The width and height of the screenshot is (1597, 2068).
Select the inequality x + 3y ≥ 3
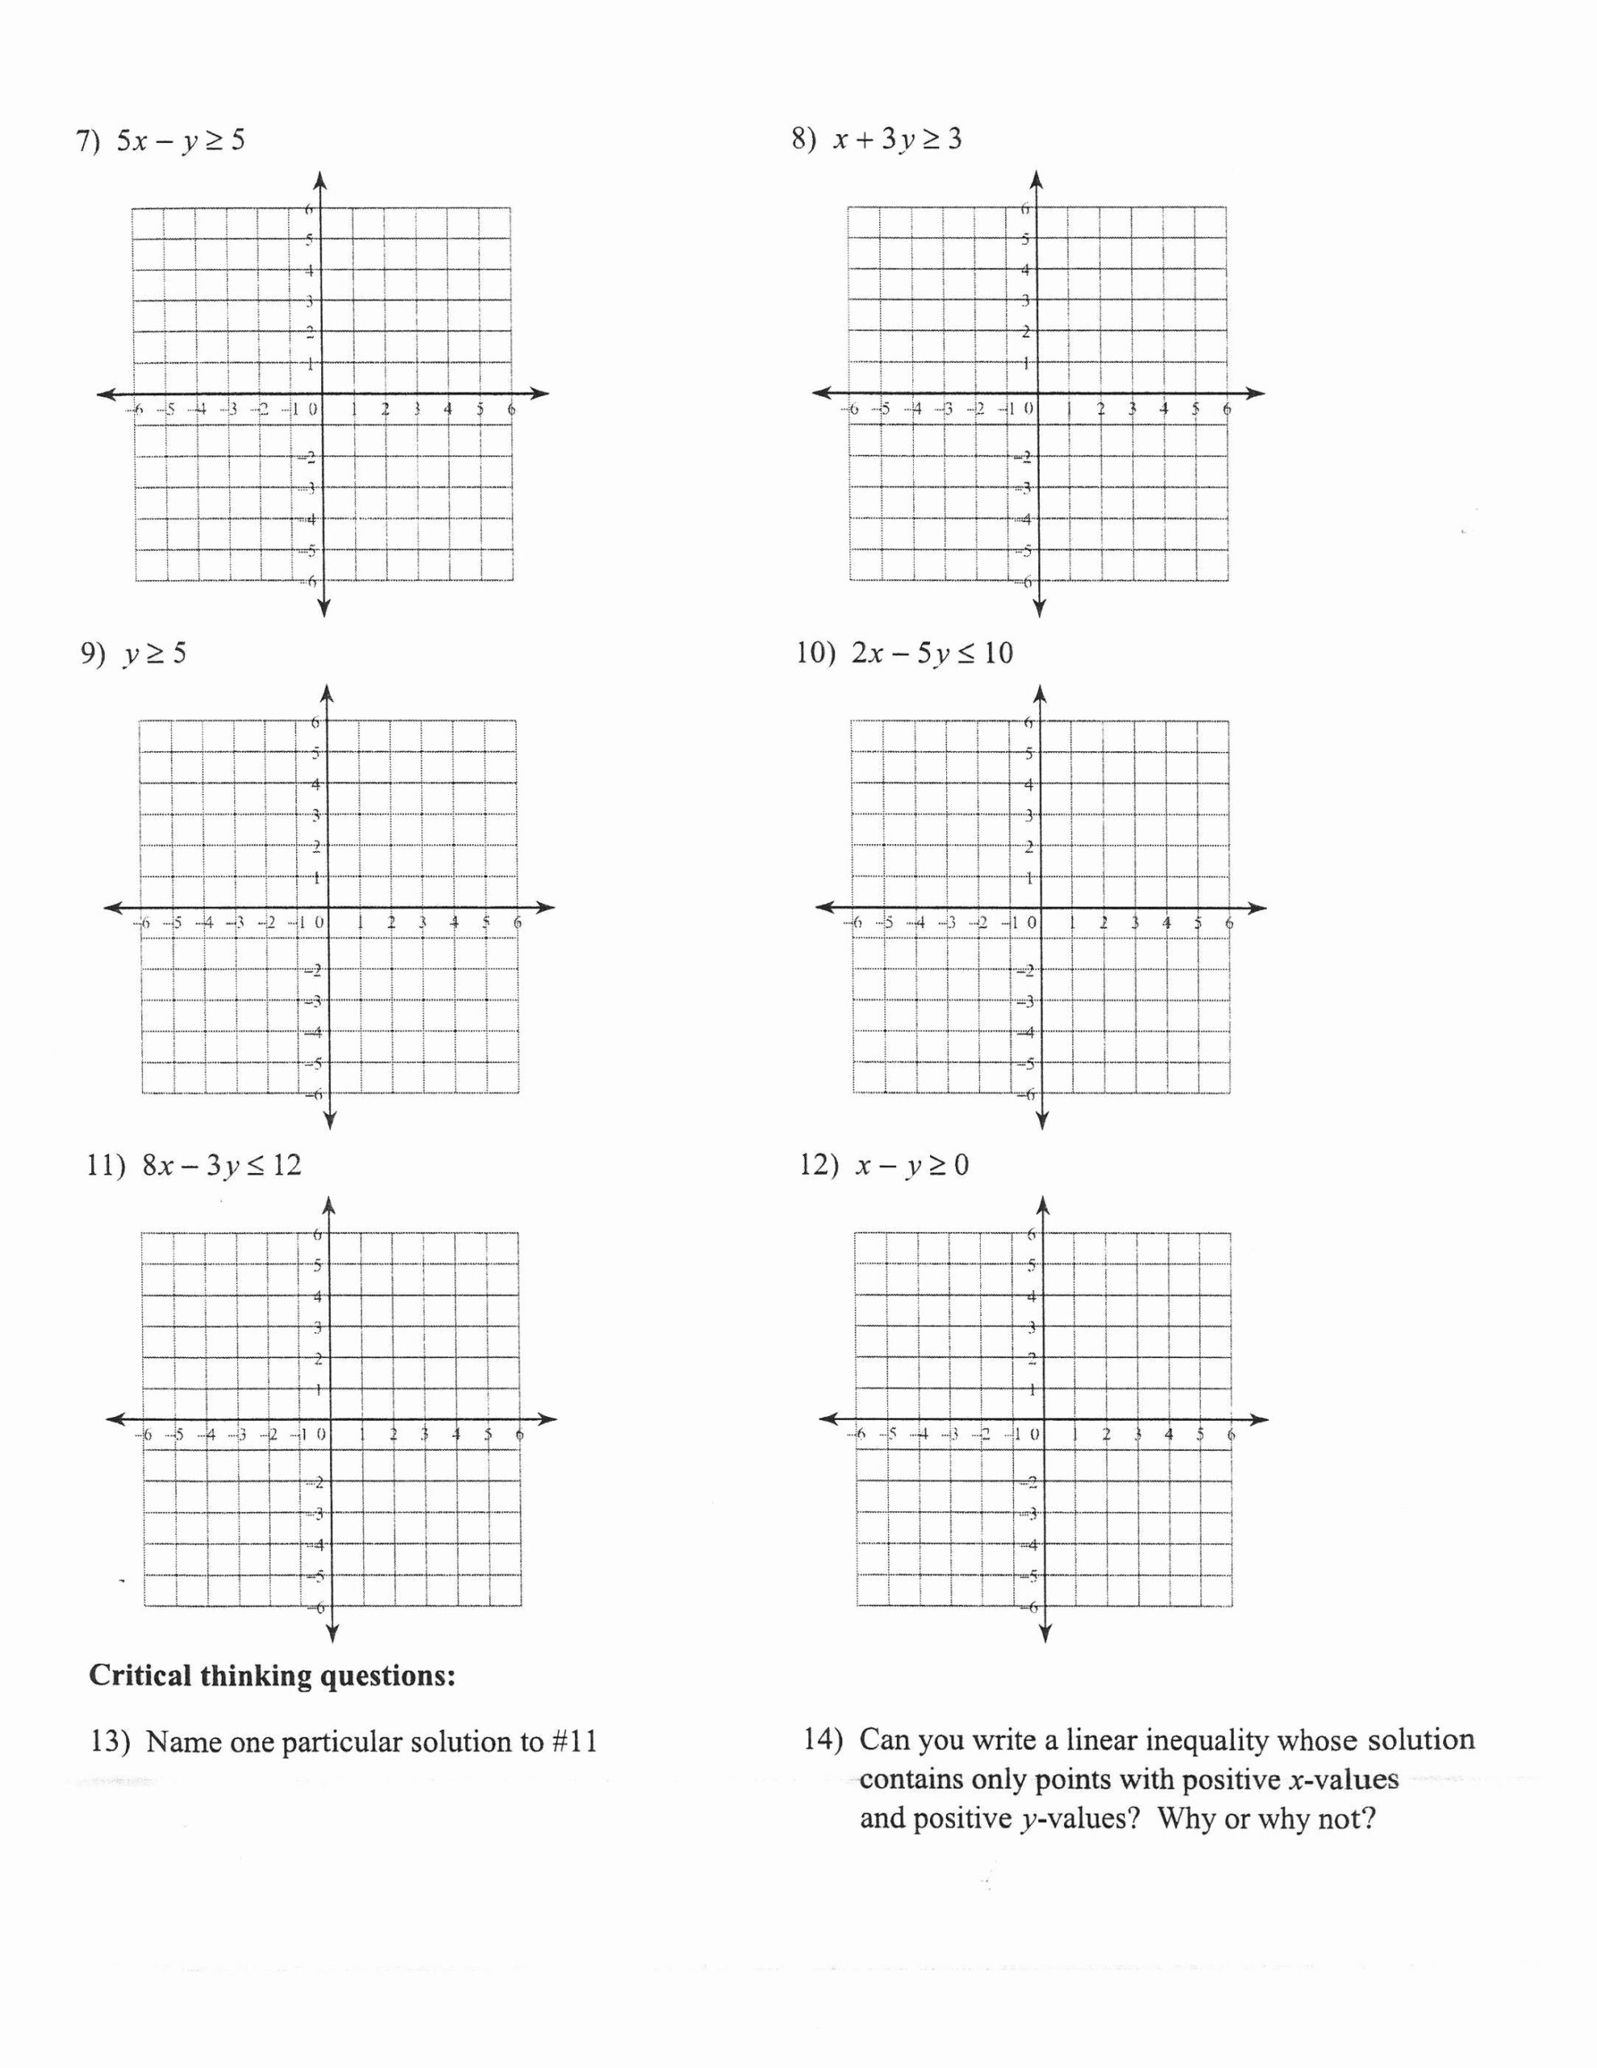(898, 139)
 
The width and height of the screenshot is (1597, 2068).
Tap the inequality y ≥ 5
(155, 654)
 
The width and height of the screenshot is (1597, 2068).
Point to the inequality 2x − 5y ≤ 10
(933, 654)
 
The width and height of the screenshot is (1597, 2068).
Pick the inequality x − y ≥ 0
(912, 1166)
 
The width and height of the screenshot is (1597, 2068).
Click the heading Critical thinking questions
(272, 1676)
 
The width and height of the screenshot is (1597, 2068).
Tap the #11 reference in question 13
(575, 1742)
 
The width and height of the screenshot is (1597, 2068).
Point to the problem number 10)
(816, 654)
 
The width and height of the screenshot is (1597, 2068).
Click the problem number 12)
(819, 1166)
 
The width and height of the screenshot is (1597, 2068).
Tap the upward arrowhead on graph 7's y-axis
(320, 179)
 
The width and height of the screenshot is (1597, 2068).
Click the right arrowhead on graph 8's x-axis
(1255, 393)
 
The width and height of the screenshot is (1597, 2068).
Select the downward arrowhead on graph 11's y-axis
(333, 1633)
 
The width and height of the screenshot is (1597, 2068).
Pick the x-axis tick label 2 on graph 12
(1105, 1435)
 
